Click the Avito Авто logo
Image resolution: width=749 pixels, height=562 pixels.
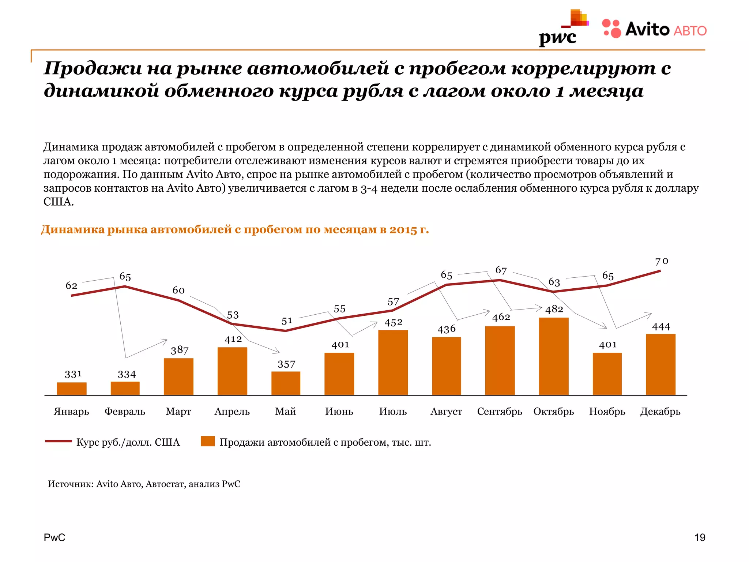tap(654, 29)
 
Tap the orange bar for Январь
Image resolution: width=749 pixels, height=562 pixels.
tap(72, 389)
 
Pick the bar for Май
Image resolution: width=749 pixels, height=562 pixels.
tap(286, 383)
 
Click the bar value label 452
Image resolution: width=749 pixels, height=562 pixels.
tap(393, 322)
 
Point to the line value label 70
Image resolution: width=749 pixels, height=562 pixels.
tap(661, 261)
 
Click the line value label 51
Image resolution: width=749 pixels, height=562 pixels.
tap(287, 321)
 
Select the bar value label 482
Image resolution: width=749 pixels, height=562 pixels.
tap(554, 309)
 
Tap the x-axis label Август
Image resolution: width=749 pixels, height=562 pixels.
tap(446, 412)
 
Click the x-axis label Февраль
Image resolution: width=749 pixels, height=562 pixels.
tap(125, 412)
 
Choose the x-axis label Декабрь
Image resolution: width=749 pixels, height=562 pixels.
tap(660, 412)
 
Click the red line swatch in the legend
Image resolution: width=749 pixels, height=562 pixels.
tap(58, 441)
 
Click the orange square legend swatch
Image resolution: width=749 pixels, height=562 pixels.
tap(208, 441)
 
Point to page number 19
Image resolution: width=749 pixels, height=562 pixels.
tap(700, 537)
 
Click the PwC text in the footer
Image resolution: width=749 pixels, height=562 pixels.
tap(54, 537)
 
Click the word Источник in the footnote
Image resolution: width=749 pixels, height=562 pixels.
tap(70, 484)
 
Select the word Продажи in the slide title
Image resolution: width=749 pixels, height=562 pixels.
tap(93, 68)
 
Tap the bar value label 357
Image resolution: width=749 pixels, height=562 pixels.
tap(286, 364)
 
